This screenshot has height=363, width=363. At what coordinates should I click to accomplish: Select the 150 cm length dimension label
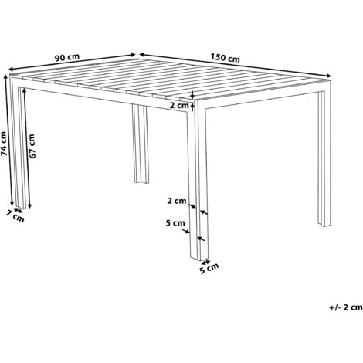(225, 59)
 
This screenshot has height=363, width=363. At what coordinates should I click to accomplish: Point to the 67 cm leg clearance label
(32, 144)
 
